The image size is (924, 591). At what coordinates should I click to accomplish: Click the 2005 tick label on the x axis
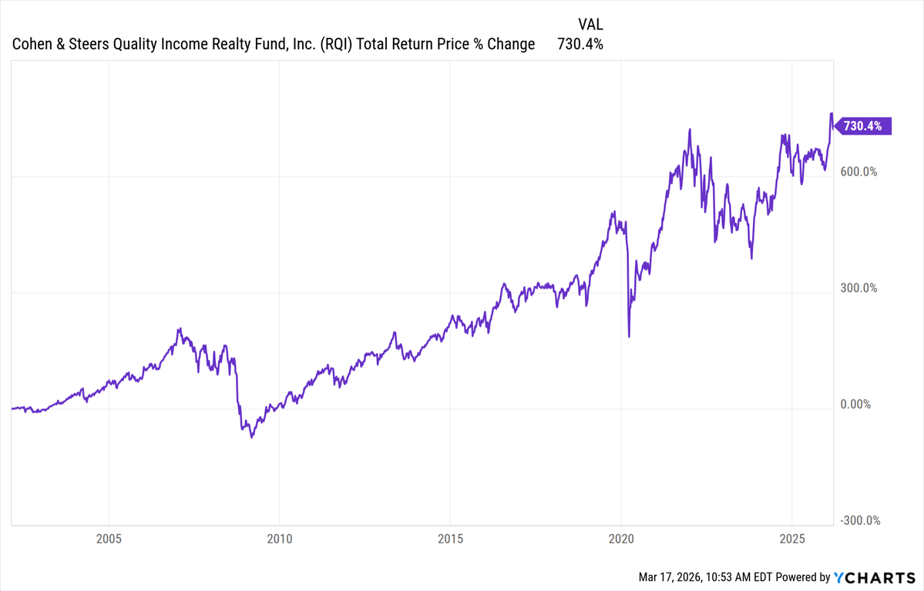[109, 538]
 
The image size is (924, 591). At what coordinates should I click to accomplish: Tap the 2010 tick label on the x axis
[279, 538]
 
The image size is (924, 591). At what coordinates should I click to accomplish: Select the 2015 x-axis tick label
[450, 538]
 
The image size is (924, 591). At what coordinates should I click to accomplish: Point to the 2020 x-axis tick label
[621, 538]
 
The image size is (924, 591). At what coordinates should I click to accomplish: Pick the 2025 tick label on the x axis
[792, 538]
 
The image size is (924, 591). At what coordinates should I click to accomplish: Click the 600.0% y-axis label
[858, 172]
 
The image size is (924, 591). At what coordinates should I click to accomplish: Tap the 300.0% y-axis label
[858, 288]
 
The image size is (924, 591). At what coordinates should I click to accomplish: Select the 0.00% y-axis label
[855, 405]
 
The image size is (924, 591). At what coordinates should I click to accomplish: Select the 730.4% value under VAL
[580, 44]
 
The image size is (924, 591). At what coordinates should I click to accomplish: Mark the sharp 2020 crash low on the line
[630, 337]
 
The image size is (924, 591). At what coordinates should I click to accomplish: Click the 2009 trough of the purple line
[252, 438]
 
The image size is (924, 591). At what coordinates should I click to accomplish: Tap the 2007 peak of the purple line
[179, 329]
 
